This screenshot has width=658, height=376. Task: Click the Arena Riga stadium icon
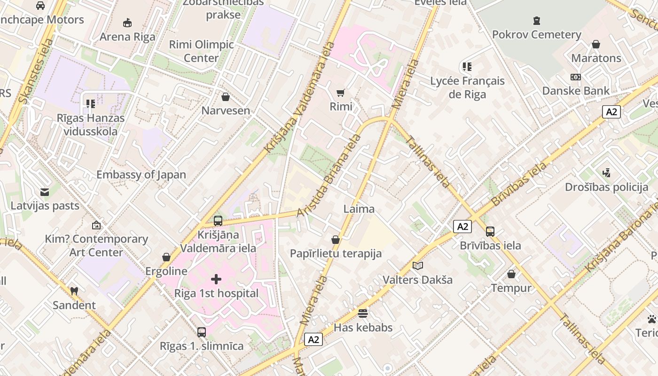point(127,23)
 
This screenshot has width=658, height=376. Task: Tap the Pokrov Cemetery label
point(536,34)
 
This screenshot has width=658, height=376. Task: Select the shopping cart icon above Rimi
point(341,93)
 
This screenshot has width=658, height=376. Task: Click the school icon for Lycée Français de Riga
point(467,67)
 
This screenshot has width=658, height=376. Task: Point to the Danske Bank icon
point(576,77)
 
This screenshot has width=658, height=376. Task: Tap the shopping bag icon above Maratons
point(596,44)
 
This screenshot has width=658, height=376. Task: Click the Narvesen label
point(226,110)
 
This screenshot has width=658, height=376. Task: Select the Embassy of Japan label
point(141,175)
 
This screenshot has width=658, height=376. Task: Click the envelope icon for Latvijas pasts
point(45,192)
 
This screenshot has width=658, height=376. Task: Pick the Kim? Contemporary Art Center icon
point(96,225)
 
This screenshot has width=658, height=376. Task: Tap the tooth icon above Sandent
point(74,291)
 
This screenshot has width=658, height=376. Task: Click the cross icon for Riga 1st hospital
point(216,280)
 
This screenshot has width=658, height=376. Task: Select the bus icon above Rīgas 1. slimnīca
point(202,332)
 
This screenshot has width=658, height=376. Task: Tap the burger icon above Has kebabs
point(363,313)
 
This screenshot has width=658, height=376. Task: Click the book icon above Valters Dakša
point(417,266)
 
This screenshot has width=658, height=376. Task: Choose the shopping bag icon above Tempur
point(511,274)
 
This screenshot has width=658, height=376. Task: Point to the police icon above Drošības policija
point(606,173)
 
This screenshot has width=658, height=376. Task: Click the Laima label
point(359,209)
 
